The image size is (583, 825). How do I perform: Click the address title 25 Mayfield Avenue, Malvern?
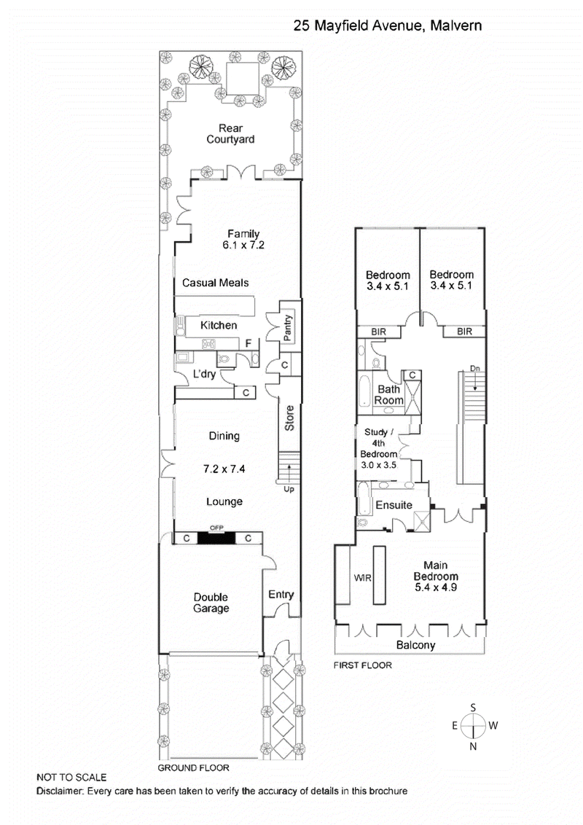point(387,26)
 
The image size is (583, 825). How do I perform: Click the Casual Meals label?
point(211,283)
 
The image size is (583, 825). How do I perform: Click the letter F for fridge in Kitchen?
point(249,343)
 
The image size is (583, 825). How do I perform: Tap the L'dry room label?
point(205,375)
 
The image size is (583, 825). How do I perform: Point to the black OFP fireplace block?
point(216,538)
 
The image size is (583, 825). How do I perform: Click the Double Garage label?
point(211,602)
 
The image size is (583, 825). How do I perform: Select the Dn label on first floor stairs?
point(474,368)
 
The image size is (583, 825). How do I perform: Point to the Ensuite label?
point(394,505)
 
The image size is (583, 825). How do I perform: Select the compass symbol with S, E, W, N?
point(474,726)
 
